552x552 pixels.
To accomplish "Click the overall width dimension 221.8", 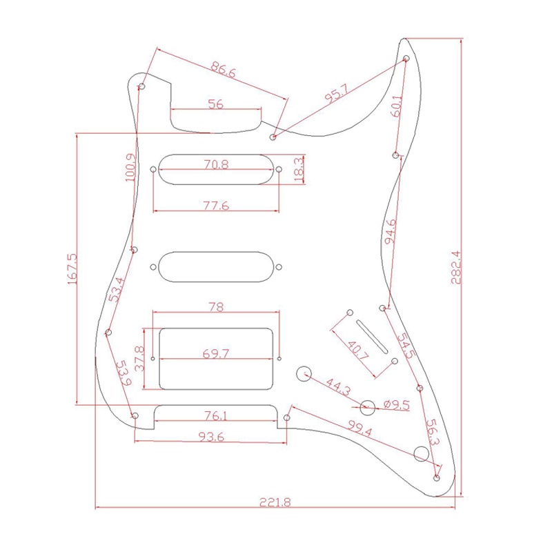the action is coord(275,502).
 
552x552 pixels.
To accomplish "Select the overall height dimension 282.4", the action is coord(456,267).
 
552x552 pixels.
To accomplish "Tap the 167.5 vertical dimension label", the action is coord(72,269).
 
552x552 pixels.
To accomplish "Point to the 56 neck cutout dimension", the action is coord(216,104).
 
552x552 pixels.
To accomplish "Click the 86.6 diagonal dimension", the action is coord(223,70).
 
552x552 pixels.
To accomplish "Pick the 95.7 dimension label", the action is coord(337,93).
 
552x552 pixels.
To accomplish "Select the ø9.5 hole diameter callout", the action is coord(396,405).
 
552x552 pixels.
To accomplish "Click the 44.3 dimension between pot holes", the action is coord(338,387).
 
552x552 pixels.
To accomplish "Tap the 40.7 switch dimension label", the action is coord(357,350).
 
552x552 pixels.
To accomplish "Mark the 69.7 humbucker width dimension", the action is coord(216,353).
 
